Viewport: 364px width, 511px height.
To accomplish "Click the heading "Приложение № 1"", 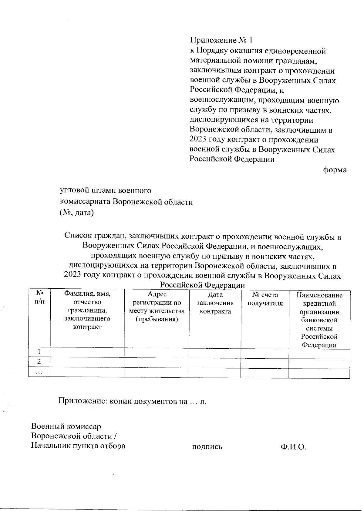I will coord(221,40).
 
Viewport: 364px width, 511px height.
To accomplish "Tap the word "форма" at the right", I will coord(335,170).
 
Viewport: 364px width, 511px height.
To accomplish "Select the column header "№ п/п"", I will coord(39,298).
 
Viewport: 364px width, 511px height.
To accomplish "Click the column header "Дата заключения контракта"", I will coord(215,303).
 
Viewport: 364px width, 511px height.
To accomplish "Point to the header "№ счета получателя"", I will coord(265,299).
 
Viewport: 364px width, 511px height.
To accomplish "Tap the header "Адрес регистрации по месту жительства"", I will coord(157,307).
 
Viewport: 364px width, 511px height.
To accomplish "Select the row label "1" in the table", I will coord(39,352).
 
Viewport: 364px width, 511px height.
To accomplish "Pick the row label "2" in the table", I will coord(39,362).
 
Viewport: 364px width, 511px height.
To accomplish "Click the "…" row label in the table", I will coord(39,372).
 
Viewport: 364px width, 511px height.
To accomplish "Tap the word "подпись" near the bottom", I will coord(207,446).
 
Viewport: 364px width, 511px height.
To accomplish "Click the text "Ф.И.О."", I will coord(293,446).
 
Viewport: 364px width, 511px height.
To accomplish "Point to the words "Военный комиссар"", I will coord(66,426).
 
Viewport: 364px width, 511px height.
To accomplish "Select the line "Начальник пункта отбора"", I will coord(78,446).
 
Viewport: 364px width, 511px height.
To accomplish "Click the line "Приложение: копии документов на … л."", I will coord(133,401).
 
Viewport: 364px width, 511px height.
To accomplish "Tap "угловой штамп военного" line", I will coord(106,191).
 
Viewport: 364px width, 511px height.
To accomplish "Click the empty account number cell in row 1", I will coord(265,353).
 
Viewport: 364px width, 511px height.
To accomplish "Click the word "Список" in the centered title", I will coord(79,237).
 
